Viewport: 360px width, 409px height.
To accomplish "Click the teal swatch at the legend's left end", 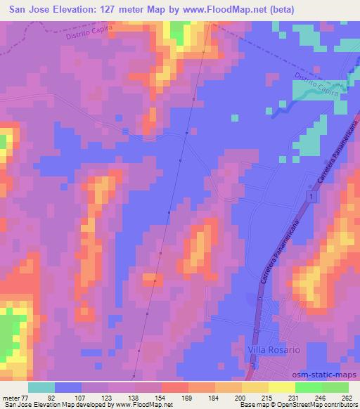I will point(41,387).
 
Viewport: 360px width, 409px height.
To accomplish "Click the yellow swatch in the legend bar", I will point(281,387).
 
